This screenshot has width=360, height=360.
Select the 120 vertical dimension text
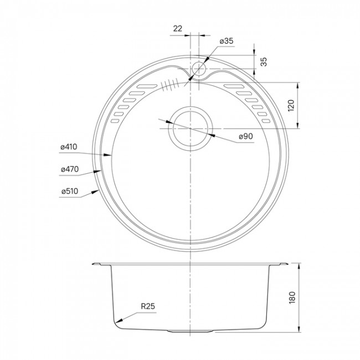(292, 106)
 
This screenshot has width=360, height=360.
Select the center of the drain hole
(190, 128)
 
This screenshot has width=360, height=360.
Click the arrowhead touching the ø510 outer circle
(97, 191)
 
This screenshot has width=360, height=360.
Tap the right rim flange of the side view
(281, 265)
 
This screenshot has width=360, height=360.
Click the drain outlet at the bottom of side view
(190, 331)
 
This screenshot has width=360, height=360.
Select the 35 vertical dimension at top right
(264, 61)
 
